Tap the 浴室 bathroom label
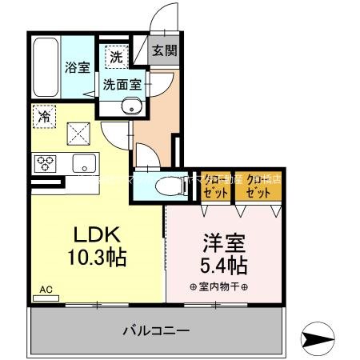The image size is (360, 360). click(x=78, y=67)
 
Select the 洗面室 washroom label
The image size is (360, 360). click(x=122, y=83)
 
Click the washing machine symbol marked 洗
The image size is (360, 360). click(x=117, y=57)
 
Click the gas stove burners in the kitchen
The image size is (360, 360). click(x=45, y=163)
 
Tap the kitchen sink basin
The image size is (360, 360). click(x=82, y=164)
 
